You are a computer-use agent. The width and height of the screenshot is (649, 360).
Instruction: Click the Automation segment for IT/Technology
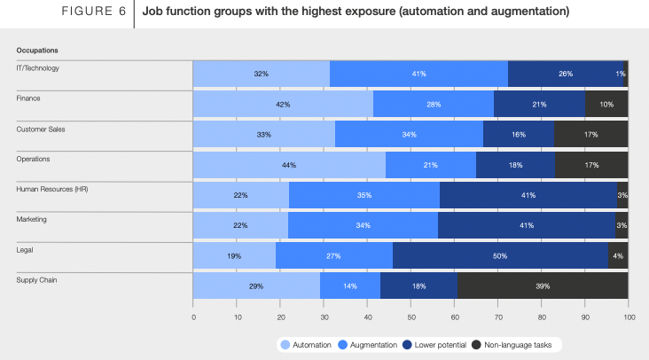(262, 74)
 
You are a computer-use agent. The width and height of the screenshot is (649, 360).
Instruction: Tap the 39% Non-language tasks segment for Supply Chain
(543, 286)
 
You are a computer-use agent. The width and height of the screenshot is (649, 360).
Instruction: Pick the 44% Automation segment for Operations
(289, 165)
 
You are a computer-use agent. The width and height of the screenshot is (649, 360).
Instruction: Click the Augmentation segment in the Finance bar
(434, 105)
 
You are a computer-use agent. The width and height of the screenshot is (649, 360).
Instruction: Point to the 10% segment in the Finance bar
(606, 105)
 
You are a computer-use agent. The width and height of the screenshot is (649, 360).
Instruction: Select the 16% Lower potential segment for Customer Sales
(519, 135)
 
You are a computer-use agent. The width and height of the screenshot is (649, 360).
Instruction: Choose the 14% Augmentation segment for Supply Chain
(350, 286)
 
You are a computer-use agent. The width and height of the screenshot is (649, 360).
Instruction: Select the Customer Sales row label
(41, 129)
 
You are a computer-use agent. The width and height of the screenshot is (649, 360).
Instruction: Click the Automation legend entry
(306, 343)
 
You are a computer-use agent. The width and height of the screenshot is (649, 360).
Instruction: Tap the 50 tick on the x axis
(411, 315)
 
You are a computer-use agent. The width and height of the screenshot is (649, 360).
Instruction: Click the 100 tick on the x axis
(628, 315)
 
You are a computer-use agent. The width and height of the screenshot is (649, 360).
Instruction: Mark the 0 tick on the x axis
(193, 315)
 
